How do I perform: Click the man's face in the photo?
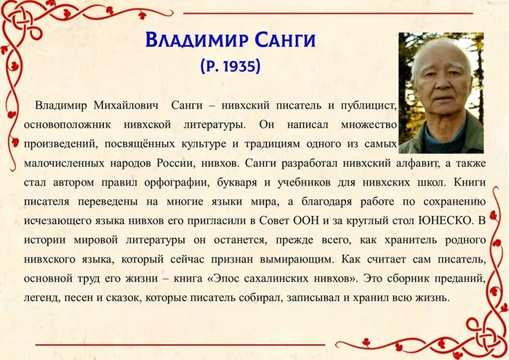click(x=441, y=87)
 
